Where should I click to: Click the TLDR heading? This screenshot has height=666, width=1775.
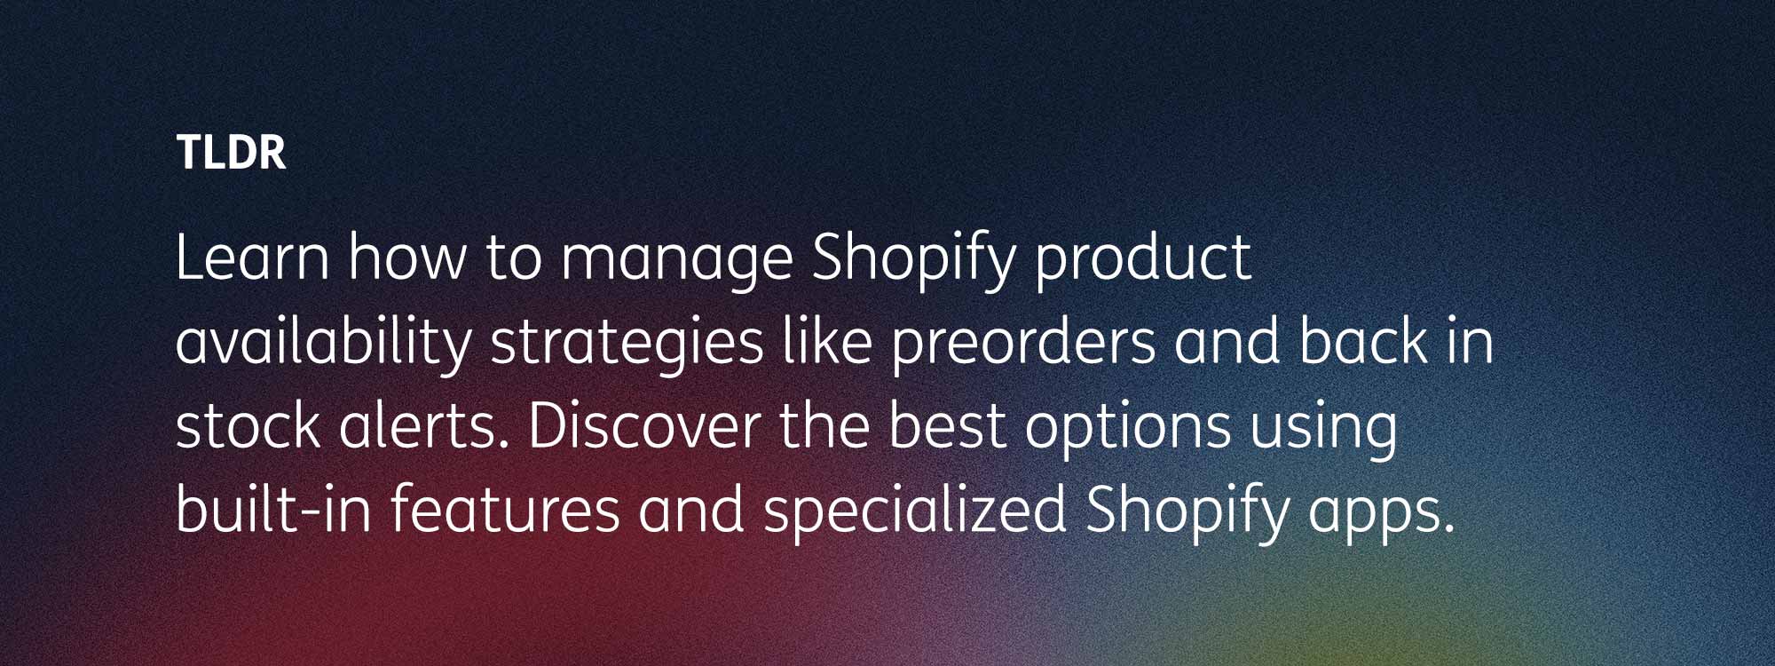pos(231,152)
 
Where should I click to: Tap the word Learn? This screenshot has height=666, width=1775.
pos(253,258)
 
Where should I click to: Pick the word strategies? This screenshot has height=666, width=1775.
pos(627,345)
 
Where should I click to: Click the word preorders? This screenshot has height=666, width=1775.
pos(1023,345)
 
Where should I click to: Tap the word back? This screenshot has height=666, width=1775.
pos(1363,342)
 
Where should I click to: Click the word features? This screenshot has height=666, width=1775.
pos(505,510)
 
